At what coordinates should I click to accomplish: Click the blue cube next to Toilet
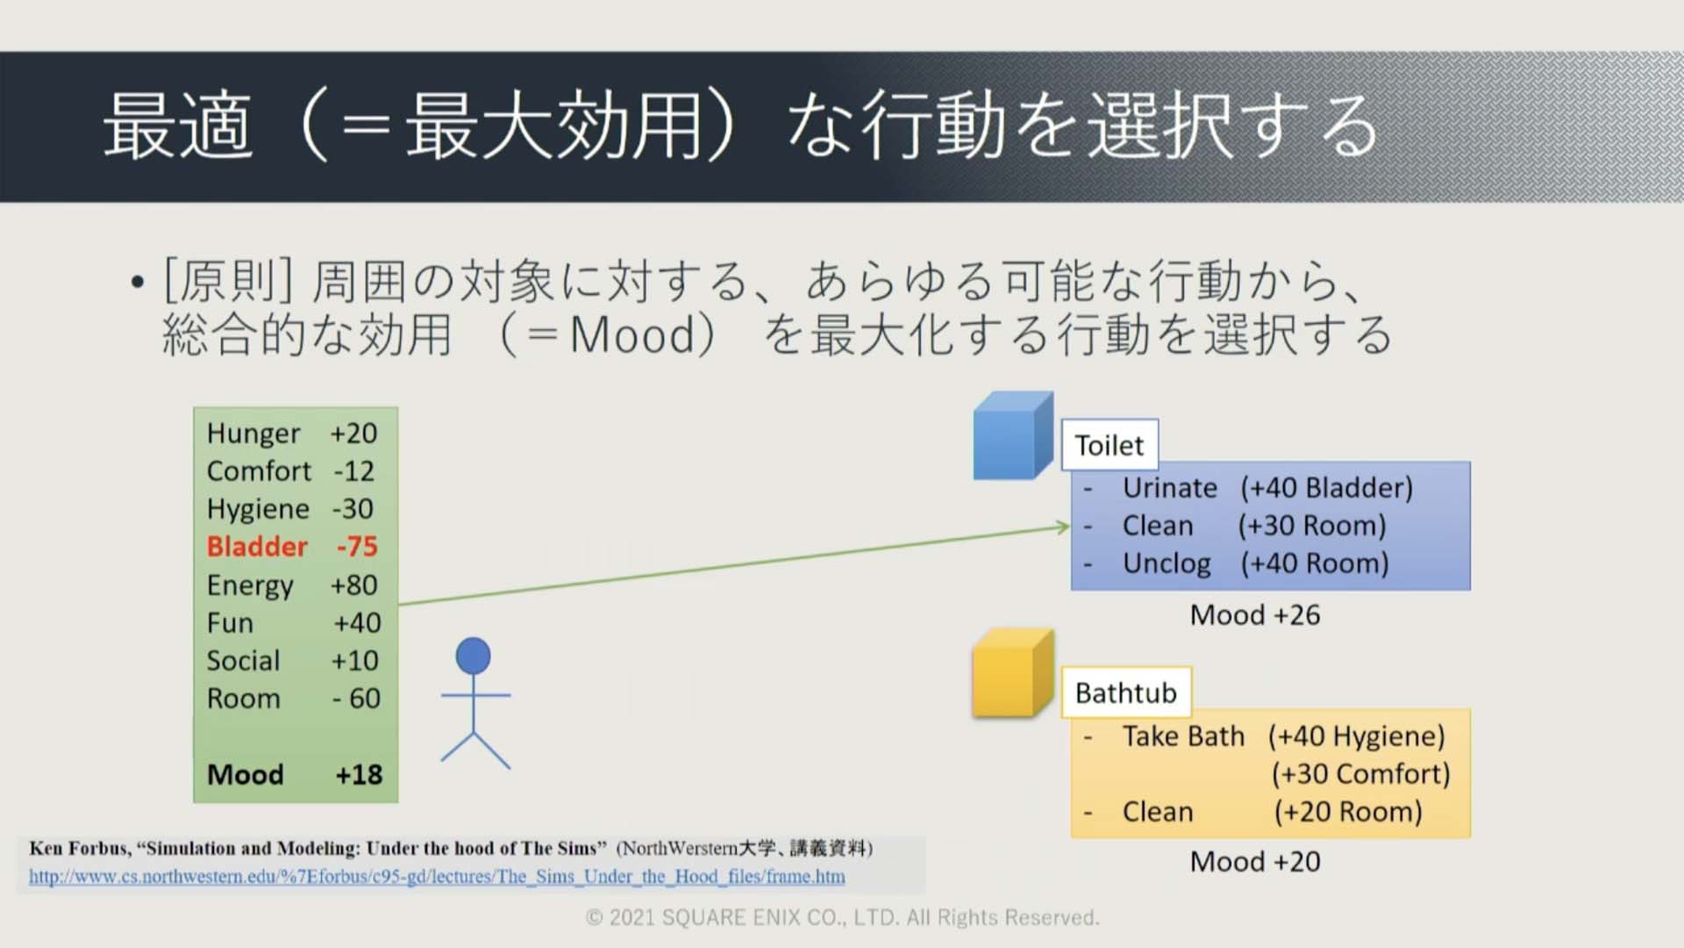(x=1013, y=435)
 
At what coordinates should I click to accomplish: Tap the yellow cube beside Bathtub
(x=1013, y=673)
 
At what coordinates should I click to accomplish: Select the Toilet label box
(x=1110, y=445)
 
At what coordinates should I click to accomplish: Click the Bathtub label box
(x=1126, y=693)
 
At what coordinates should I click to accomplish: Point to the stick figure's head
(x=474, y=656)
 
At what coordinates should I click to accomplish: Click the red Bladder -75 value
(x=357, y=546)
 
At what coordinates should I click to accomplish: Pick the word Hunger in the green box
(x=253, y=434)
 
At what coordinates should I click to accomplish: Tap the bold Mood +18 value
(x=359, y=774)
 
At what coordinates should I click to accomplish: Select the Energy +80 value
(x=353, y=585)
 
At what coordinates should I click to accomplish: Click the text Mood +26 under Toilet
(x=1255, y=614)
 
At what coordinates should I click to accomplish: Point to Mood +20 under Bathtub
(x=1255, y=861)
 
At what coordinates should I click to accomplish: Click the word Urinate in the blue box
(x=1170, y=487)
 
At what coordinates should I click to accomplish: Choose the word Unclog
(x=1167, y=564)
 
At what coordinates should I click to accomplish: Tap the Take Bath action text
(x=1184, y=736)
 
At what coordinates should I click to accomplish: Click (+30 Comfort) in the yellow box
(x=1361, y=773)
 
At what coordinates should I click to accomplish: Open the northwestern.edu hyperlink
(x=437, y=876)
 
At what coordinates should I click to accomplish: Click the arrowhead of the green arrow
(x=1064, y=527)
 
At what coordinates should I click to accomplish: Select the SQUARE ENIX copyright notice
(x=842, y=917)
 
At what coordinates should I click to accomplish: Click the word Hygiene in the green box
(x=258, y=509)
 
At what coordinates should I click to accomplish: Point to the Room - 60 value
(x=356, y=698)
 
